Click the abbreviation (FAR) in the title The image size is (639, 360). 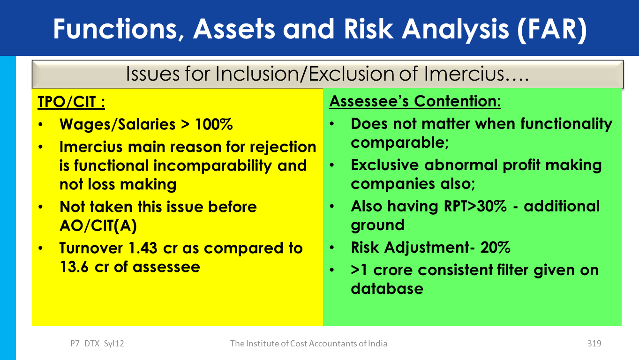tap(551, 30)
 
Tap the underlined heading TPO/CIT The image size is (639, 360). tap(71, 102)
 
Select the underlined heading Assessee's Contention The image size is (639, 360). tap(415, 101)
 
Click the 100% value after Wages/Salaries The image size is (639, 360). tap(214, 124)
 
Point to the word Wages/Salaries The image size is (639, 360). tap(117, 125)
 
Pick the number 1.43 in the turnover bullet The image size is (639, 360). tap(143, 248)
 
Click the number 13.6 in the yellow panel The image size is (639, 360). tap(74, 267)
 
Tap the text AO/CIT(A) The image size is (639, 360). tap(98, 225)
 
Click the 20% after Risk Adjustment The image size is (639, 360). tap(495, 247)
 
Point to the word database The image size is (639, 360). tap(387, 289)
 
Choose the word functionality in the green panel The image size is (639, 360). tap(566, 124)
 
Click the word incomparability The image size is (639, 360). tap(212, 166)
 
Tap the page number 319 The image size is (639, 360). tap(594, 344)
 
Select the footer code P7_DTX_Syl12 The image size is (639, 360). tap(97, 344)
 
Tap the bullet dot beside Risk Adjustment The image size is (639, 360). tap(331, 247)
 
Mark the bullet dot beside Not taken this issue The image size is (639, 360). tap(40, 207)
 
